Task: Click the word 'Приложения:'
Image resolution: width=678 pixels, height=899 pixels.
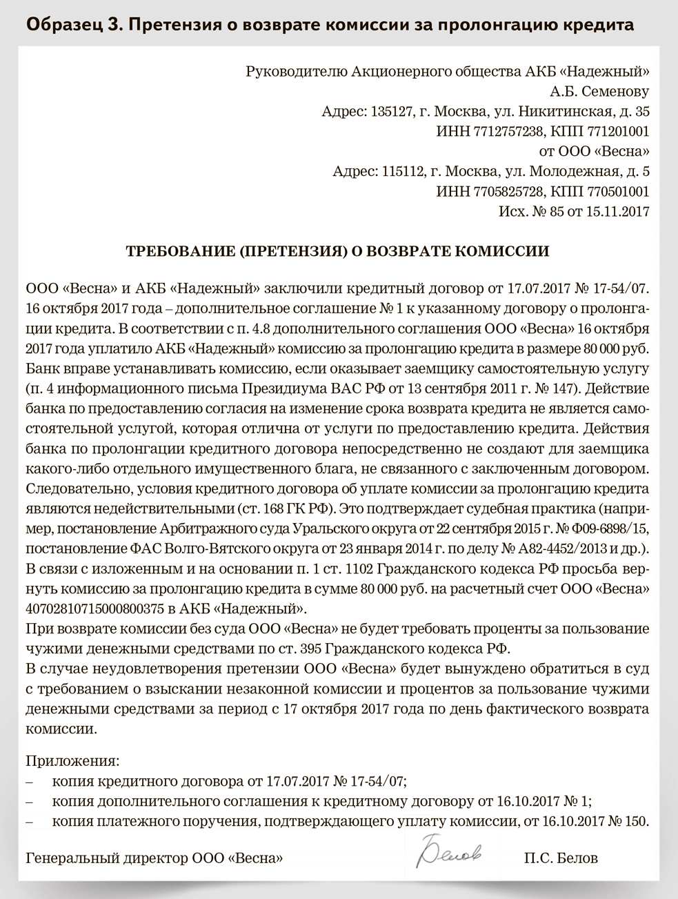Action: (72, 762)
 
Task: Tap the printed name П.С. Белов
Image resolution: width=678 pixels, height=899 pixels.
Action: (561, 859)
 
